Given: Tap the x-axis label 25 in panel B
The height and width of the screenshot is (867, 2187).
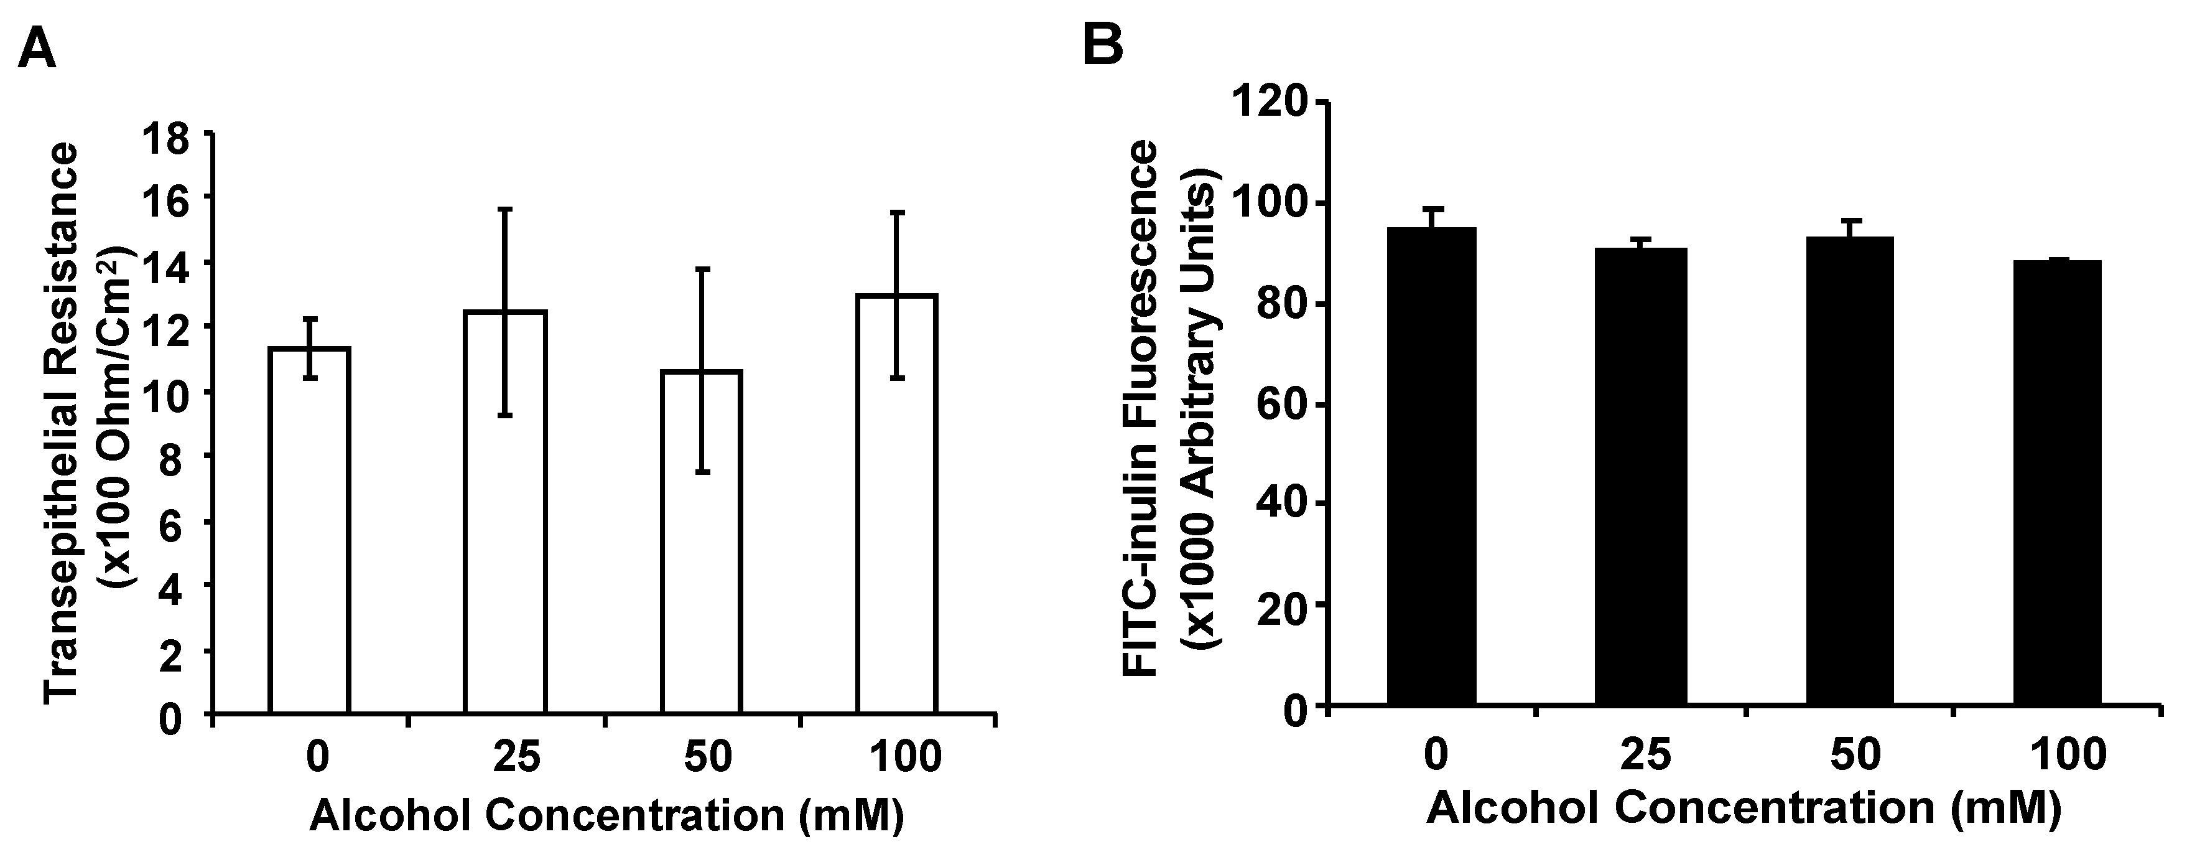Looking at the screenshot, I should click(1645, 755).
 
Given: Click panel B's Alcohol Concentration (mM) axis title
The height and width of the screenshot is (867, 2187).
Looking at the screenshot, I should click(1744, 807).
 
